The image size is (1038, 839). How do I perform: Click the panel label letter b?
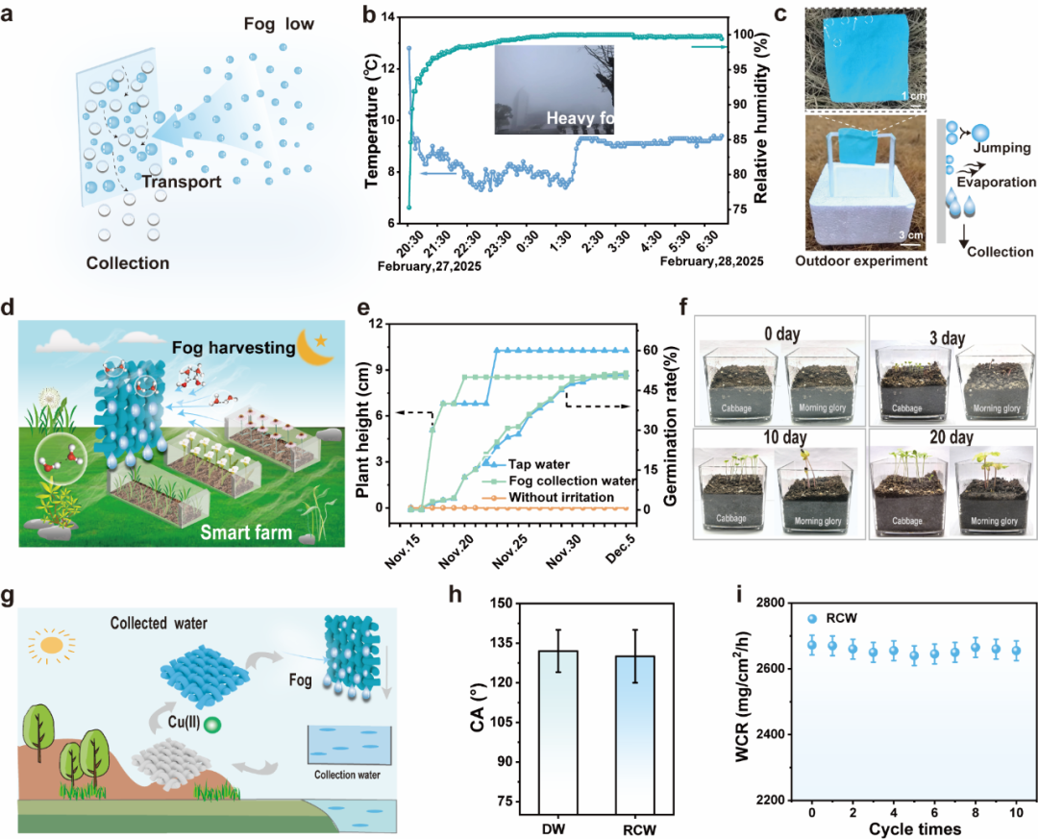[366, 16]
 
